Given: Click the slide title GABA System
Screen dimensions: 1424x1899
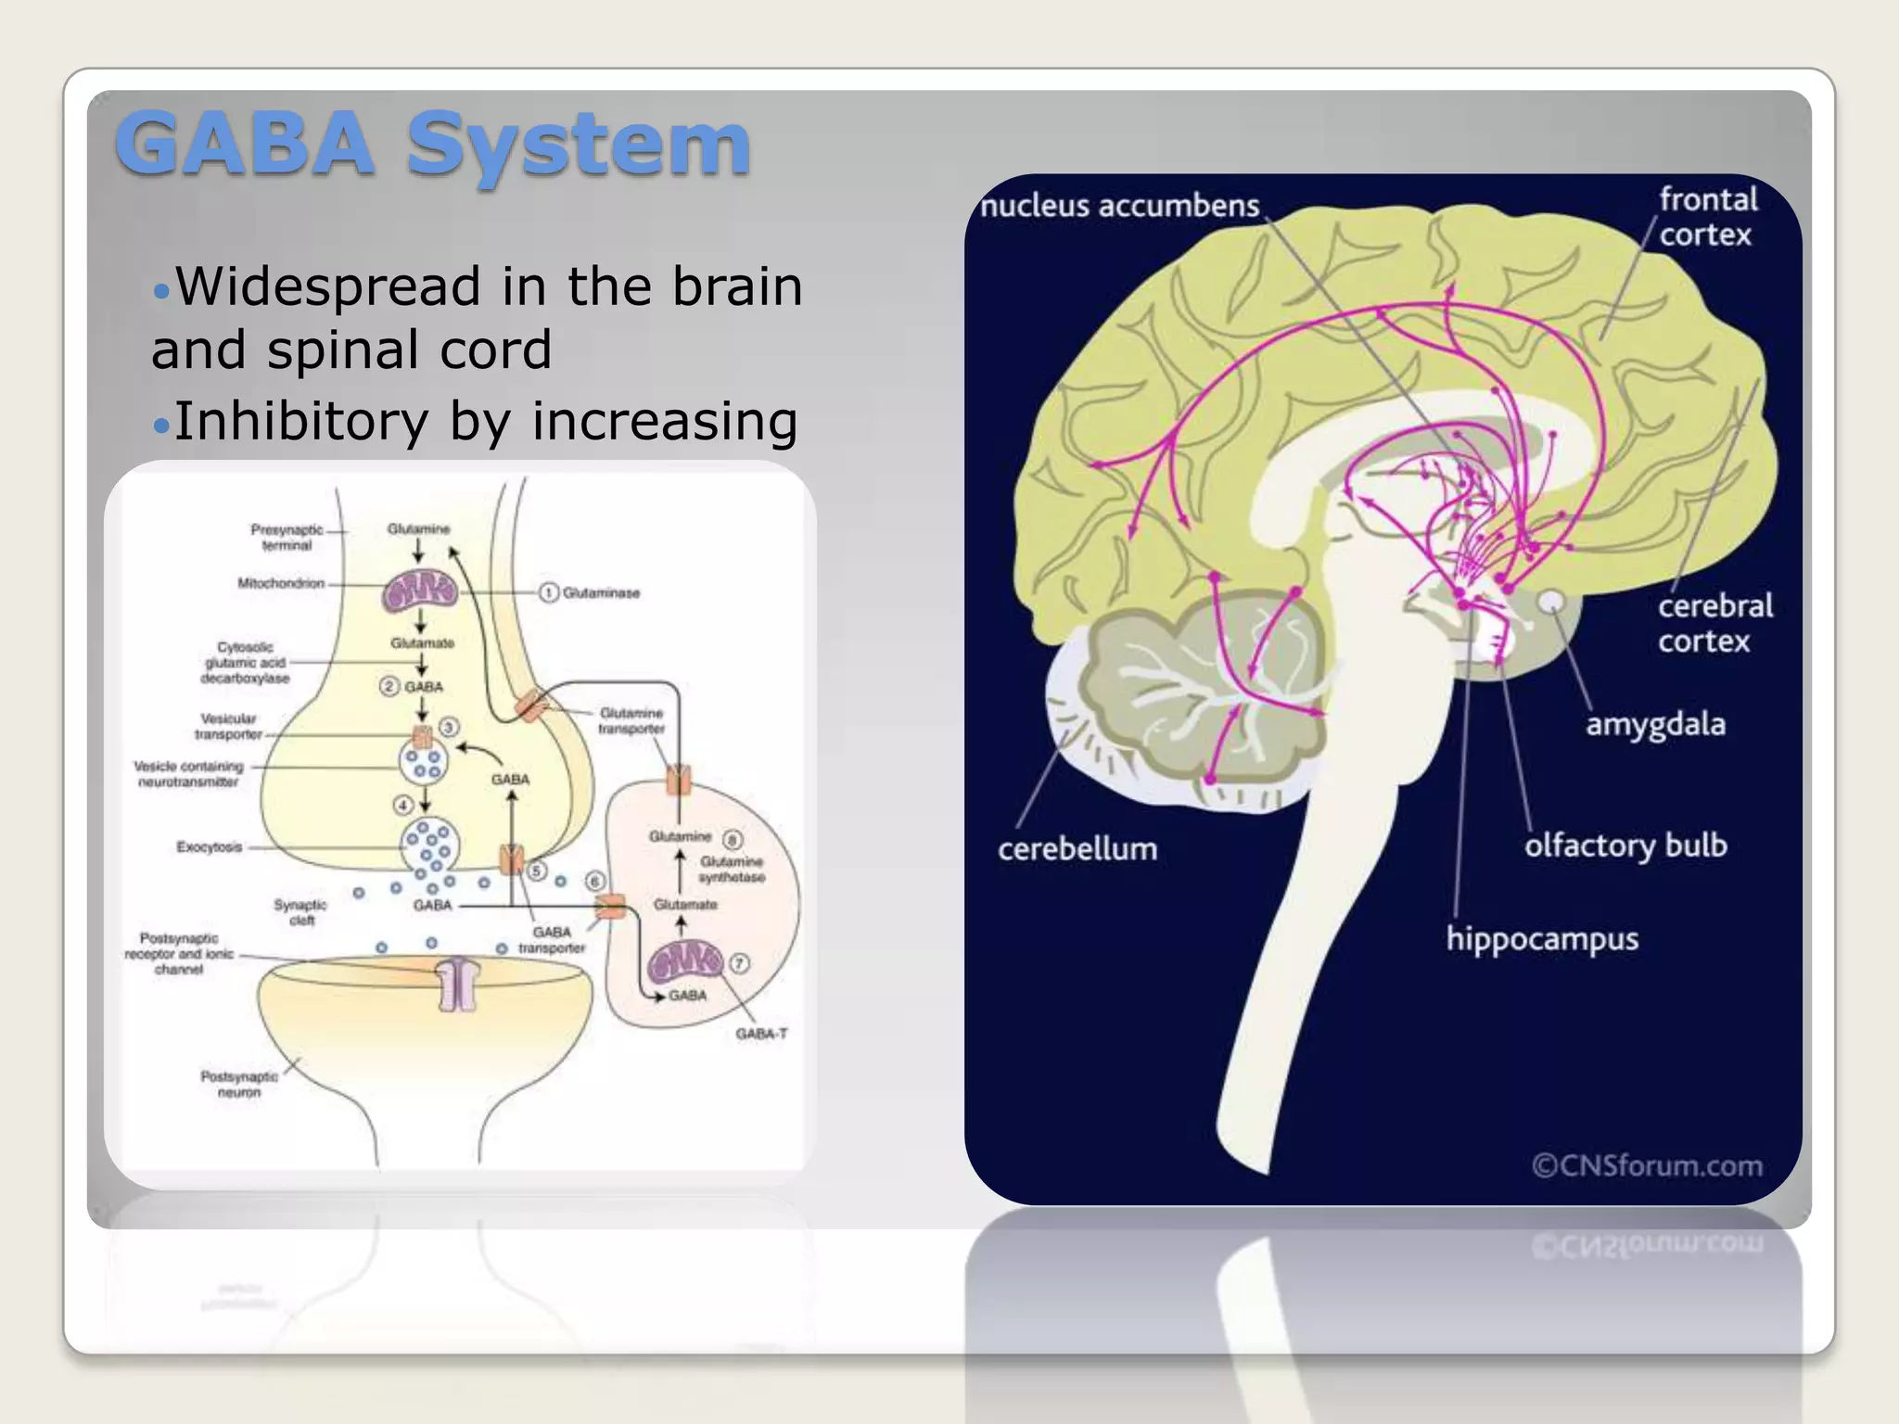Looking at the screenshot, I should [432, 144].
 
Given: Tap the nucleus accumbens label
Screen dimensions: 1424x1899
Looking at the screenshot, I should [1119, 205].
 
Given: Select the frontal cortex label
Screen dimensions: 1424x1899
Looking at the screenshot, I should [1707, 217].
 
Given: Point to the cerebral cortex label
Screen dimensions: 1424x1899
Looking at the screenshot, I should [1714, 623].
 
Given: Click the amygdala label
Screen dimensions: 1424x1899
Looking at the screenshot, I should [1655, 724].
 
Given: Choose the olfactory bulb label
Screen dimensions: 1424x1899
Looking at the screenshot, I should [1625, 845].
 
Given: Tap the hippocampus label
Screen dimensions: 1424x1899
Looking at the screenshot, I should [1542, 939].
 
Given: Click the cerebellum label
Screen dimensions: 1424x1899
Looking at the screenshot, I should [1077, 849].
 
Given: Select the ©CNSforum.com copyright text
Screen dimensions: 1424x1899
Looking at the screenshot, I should [1647, 1165].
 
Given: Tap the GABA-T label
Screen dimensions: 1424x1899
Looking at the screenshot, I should [761, 1034].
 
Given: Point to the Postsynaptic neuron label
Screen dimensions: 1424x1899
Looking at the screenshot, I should [239, 1084].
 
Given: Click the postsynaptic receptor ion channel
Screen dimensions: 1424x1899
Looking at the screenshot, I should [458, 983].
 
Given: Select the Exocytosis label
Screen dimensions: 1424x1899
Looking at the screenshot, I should [210, 846].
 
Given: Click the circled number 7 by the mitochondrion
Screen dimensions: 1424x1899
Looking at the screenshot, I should [739, 963].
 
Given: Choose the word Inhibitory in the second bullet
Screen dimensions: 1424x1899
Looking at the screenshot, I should [300, 421].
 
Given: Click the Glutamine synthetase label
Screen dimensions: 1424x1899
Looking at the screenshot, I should [732, 869].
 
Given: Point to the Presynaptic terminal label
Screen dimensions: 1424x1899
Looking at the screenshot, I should [287, 538].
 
